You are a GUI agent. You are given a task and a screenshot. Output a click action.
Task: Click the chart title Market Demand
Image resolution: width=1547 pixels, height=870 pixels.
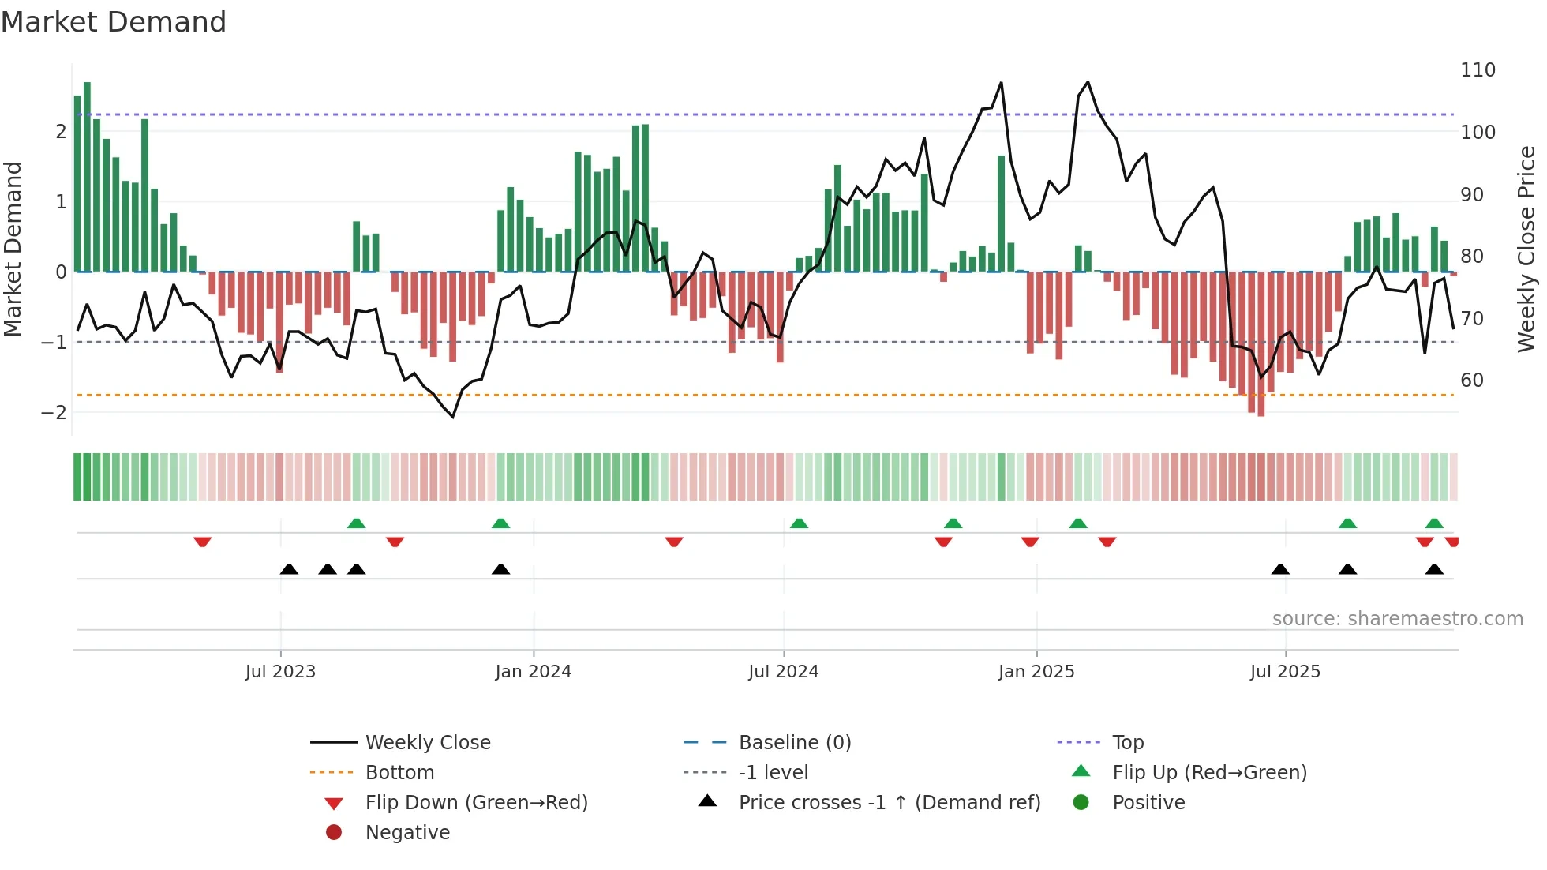(114, 22)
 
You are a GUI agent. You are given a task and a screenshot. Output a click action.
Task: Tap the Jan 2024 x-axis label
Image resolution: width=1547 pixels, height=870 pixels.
(533, 672)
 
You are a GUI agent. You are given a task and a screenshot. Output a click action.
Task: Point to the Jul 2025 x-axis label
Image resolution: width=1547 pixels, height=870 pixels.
(1285, 672)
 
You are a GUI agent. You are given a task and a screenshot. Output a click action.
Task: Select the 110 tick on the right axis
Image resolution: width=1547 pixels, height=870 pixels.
(1478, 70)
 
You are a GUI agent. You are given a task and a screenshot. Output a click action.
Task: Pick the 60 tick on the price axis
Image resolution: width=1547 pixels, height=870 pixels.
(1472, 381)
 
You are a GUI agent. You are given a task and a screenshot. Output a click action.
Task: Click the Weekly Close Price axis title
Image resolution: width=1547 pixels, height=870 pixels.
(1526, 249)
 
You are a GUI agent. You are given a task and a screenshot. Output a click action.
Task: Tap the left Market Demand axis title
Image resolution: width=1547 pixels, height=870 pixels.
(13, 249)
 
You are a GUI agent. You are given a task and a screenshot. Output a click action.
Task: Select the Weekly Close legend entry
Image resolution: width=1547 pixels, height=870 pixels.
(427, 743)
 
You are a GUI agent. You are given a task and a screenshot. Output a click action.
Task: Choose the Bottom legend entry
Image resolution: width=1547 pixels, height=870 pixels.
(399, 773)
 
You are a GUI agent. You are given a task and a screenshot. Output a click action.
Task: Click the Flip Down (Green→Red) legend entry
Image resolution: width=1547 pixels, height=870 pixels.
(476, 803)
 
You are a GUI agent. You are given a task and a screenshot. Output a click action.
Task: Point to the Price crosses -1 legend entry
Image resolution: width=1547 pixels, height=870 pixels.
(889, 803)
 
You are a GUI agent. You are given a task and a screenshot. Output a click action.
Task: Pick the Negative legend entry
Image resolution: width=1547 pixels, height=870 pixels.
(407, 833)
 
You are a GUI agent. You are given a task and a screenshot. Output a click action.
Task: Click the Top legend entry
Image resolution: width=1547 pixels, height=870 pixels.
(1128, 743)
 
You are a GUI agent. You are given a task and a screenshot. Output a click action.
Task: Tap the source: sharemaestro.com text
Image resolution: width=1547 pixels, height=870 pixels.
(1397, 619)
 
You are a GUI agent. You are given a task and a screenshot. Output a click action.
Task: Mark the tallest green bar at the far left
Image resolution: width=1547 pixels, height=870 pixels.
(87, 177)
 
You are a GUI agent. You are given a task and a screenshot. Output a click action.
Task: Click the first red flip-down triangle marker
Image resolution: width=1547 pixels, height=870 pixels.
(202, 542)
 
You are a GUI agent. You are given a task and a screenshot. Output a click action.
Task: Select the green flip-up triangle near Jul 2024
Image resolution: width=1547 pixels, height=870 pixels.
(799, 523)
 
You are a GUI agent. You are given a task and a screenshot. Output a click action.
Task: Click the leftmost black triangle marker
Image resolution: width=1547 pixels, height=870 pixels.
(289, 569)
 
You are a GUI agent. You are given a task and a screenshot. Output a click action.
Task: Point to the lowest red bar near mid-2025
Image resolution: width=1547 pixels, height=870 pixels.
(1260, 344)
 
